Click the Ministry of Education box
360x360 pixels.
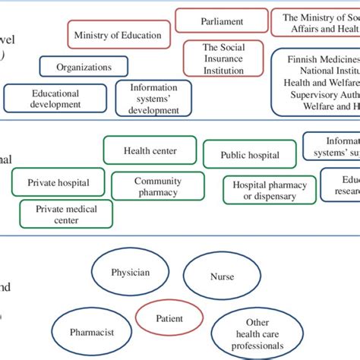118,35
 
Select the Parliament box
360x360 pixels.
222,22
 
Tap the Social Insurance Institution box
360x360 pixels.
224,58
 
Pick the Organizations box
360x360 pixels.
84,68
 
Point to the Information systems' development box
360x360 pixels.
153,99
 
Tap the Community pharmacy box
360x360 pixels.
157,186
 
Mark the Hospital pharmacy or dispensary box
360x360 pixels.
269,190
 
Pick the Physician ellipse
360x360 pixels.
130,272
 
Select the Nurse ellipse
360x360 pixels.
222,277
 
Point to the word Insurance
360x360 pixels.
224,58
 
